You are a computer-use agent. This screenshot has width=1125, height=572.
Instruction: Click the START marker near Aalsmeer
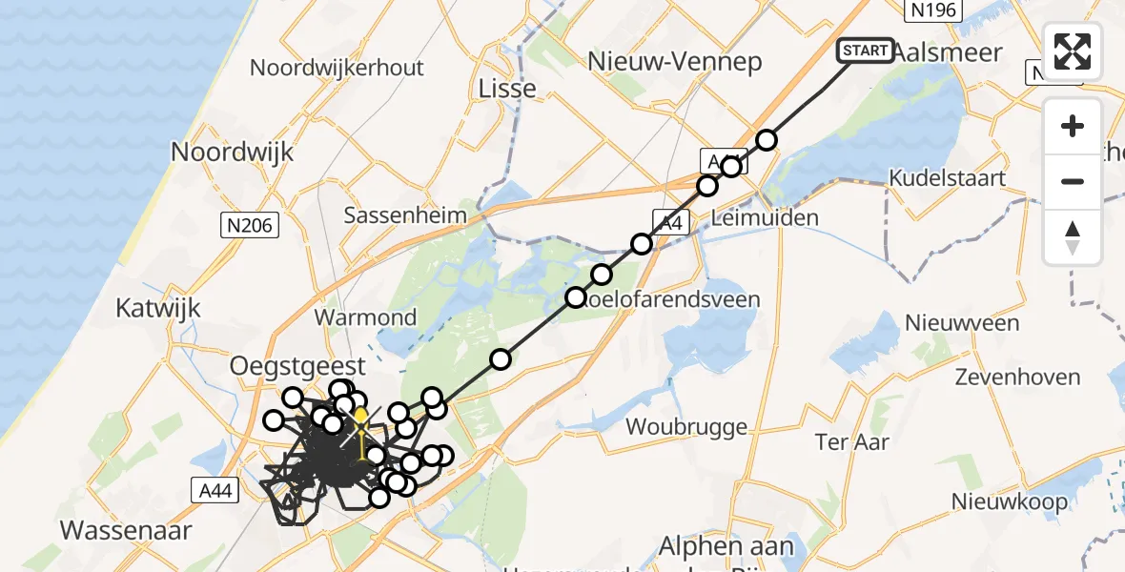[865, 51]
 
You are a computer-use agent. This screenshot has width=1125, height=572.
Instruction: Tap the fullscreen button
[1073, 51]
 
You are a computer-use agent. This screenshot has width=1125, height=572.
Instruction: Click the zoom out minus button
[1073, 181]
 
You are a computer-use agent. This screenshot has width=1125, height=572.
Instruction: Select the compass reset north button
[1073, 236]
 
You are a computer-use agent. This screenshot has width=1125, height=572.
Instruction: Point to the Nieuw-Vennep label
[675, 62]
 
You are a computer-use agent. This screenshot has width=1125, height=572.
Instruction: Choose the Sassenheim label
[405, 214]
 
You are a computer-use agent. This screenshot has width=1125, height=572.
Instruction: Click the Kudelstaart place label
[947, 177]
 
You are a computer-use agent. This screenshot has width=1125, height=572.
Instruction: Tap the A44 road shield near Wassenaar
[215, 490]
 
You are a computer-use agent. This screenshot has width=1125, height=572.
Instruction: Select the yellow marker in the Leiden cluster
[361, 417]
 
